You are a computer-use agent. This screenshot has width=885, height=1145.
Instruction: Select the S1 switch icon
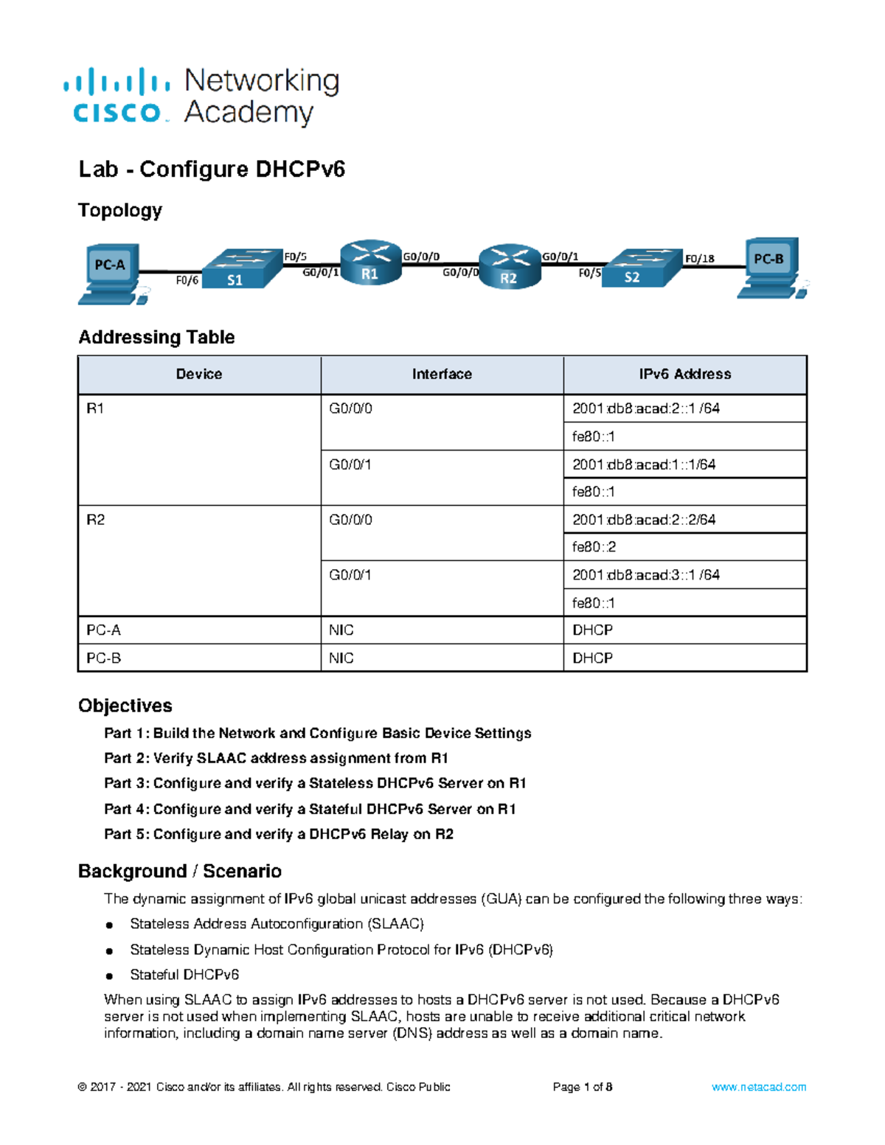[242, 269]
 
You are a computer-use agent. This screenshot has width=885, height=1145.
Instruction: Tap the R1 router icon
[370, 263]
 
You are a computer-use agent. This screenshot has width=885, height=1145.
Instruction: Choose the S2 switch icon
[640, 268]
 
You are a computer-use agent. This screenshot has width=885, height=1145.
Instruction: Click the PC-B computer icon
[771, 268]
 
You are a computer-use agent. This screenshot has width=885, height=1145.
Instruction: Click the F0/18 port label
[699, 258]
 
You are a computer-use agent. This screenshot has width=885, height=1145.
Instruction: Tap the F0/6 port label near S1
[187, 280]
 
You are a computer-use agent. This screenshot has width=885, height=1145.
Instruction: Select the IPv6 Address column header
[685, 375]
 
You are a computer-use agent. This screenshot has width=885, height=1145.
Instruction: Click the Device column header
[199, 375]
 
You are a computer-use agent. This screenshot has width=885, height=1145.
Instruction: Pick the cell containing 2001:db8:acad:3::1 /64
[645, 575]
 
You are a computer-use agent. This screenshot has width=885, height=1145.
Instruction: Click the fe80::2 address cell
[594, 547]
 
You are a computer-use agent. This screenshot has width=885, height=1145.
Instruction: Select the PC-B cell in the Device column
[103, 658]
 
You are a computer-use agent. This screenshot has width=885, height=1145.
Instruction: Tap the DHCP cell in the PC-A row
[592, 630]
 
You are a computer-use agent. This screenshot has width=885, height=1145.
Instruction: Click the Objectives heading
[125, 706]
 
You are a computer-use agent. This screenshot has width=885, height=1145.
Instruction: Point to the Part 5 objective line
[279, 834]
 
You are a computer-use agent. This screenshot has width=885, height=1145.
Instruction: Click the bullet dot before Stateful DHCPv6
[109, 975]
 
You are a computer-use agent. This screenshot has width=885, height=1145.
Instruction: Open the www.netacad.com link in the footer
[759, 1087]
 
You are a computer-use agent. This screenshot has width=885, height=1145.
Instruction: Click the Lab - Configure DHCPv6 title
[212, 169]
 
